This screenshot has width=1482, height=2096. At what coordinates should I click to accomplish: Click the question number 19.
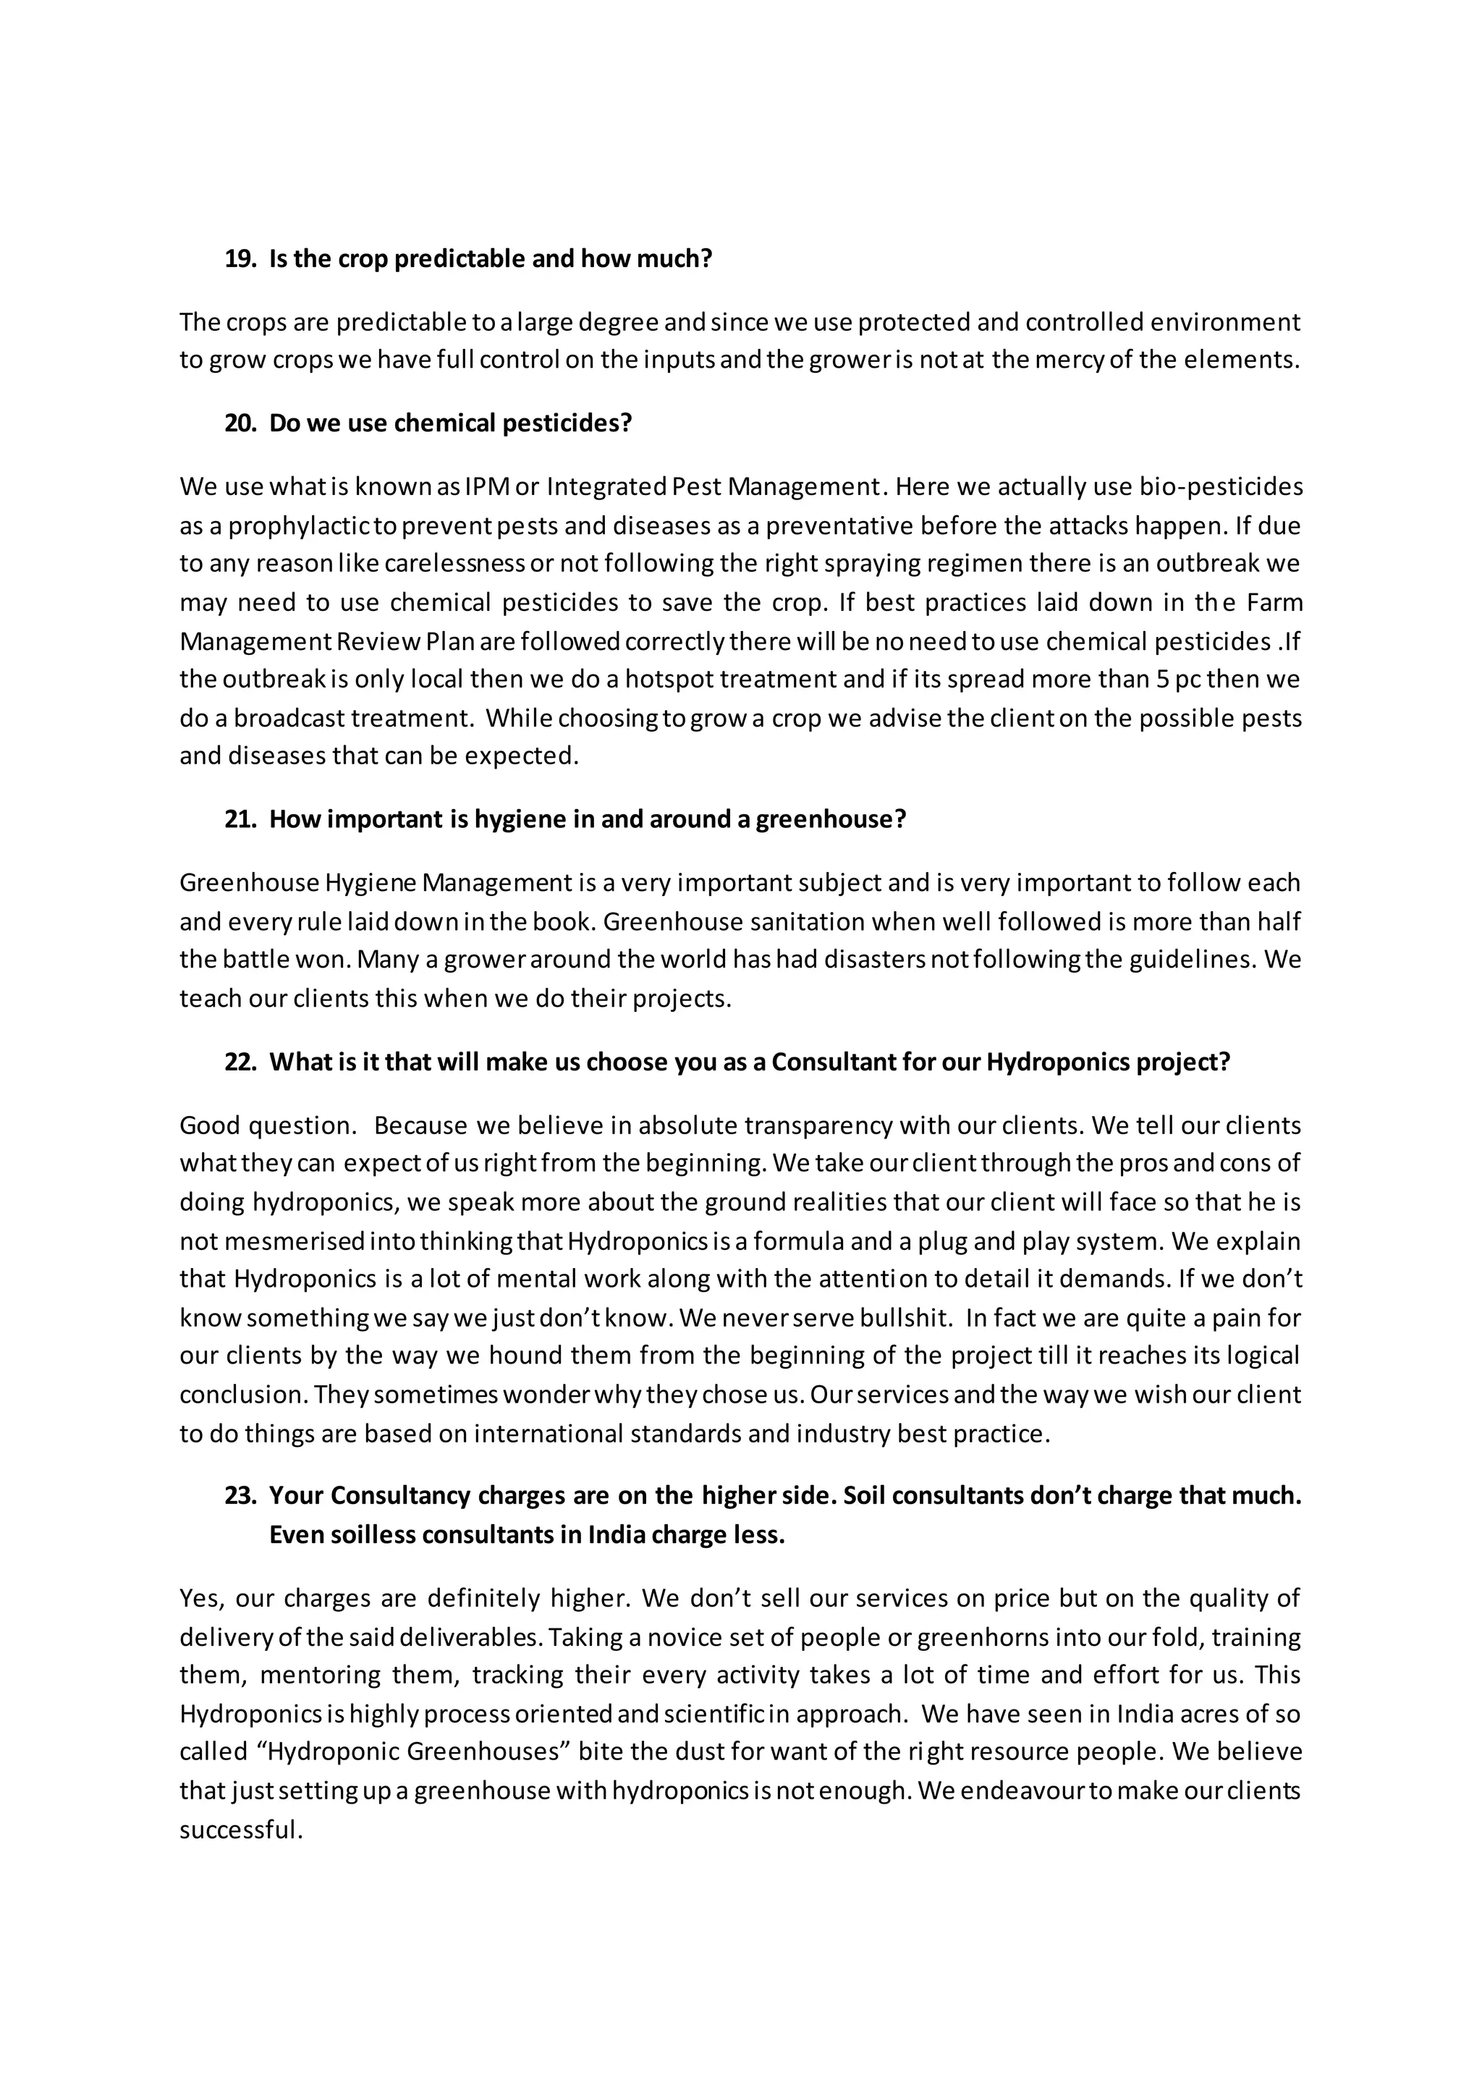coord(239,259)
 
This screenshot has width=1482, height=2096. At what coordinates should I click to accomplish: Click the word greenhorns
coord(982,1637)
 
